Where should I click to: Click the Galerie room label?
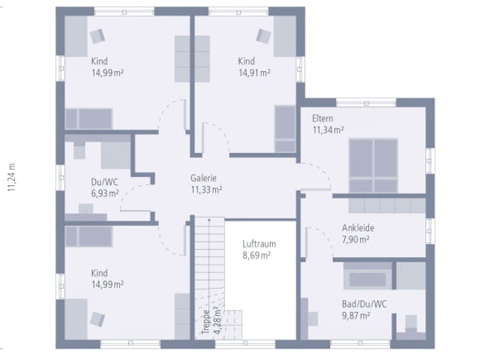[x=203, y=178]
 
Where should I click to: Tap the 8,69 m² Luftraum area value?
[x=256, y=255]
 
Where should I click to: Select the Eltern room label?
[x=322, y=118]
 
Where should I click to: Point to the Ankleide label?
[x=358, y=228]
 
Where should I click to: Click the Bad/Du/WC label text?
[x=364, y=304]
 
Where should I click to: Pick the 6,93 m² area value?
[x=105, y=193]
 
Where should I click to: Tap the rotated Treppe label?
[x=206, y=322]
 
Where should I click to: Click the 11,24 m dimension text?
[x=12, y=178]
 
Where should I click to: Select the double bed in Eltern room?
[x=373, y=165]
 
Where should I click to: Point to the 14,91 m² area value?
[x=254, y=73]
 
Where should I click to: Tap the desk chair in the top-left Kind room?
[x=97, y=36]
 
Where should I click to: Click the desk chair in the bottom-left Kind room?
[x=97, y=319]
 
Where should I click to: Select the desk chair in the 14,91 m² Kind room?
[x=263, y=36]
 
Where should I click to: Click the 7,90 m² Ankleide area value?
[x=355, y=239]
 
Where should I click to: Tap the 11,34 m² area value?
[x=328, y=130]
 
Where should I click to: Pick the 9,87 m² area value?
[x=355, y=316]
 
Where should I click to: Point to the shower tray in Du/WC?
[x=115, y=155]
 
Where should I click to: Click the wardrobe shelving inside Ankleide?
[x=387, y=205]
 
